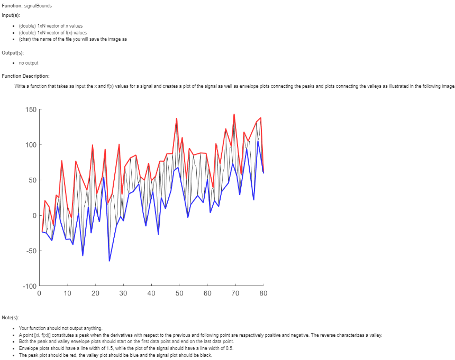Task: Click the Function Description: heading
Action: [x=25, y=76]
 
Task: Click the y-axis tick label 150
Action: [x=30, y=109]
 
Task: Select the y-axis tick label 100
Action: [x=30, y=145]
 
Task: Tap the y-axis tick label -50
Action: [x=30, y=251]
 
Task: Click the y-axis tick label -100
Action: [x=29, y=286]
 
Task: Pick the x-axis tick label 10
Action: [x=67, y=293]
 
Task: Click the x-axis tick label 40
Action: [x=151, y=293]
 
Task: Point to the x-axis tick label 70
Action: [x=235, y=293]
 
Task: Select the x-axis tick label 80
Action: [x=263, y=293]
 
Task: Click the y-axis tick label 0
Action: [x=33, y=216]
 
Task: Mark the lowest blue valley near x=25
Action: [x=110, y=261]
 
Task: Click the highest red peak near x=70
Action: [x=234, y=114]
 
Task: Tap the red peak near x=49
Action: [x=177, y=118]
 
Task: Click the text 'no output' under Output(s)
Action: [x=28, y=63]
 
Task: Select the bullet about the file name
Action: [x=72, y=39]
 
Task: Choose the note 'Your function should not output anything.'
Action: [x=57, y=328]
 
